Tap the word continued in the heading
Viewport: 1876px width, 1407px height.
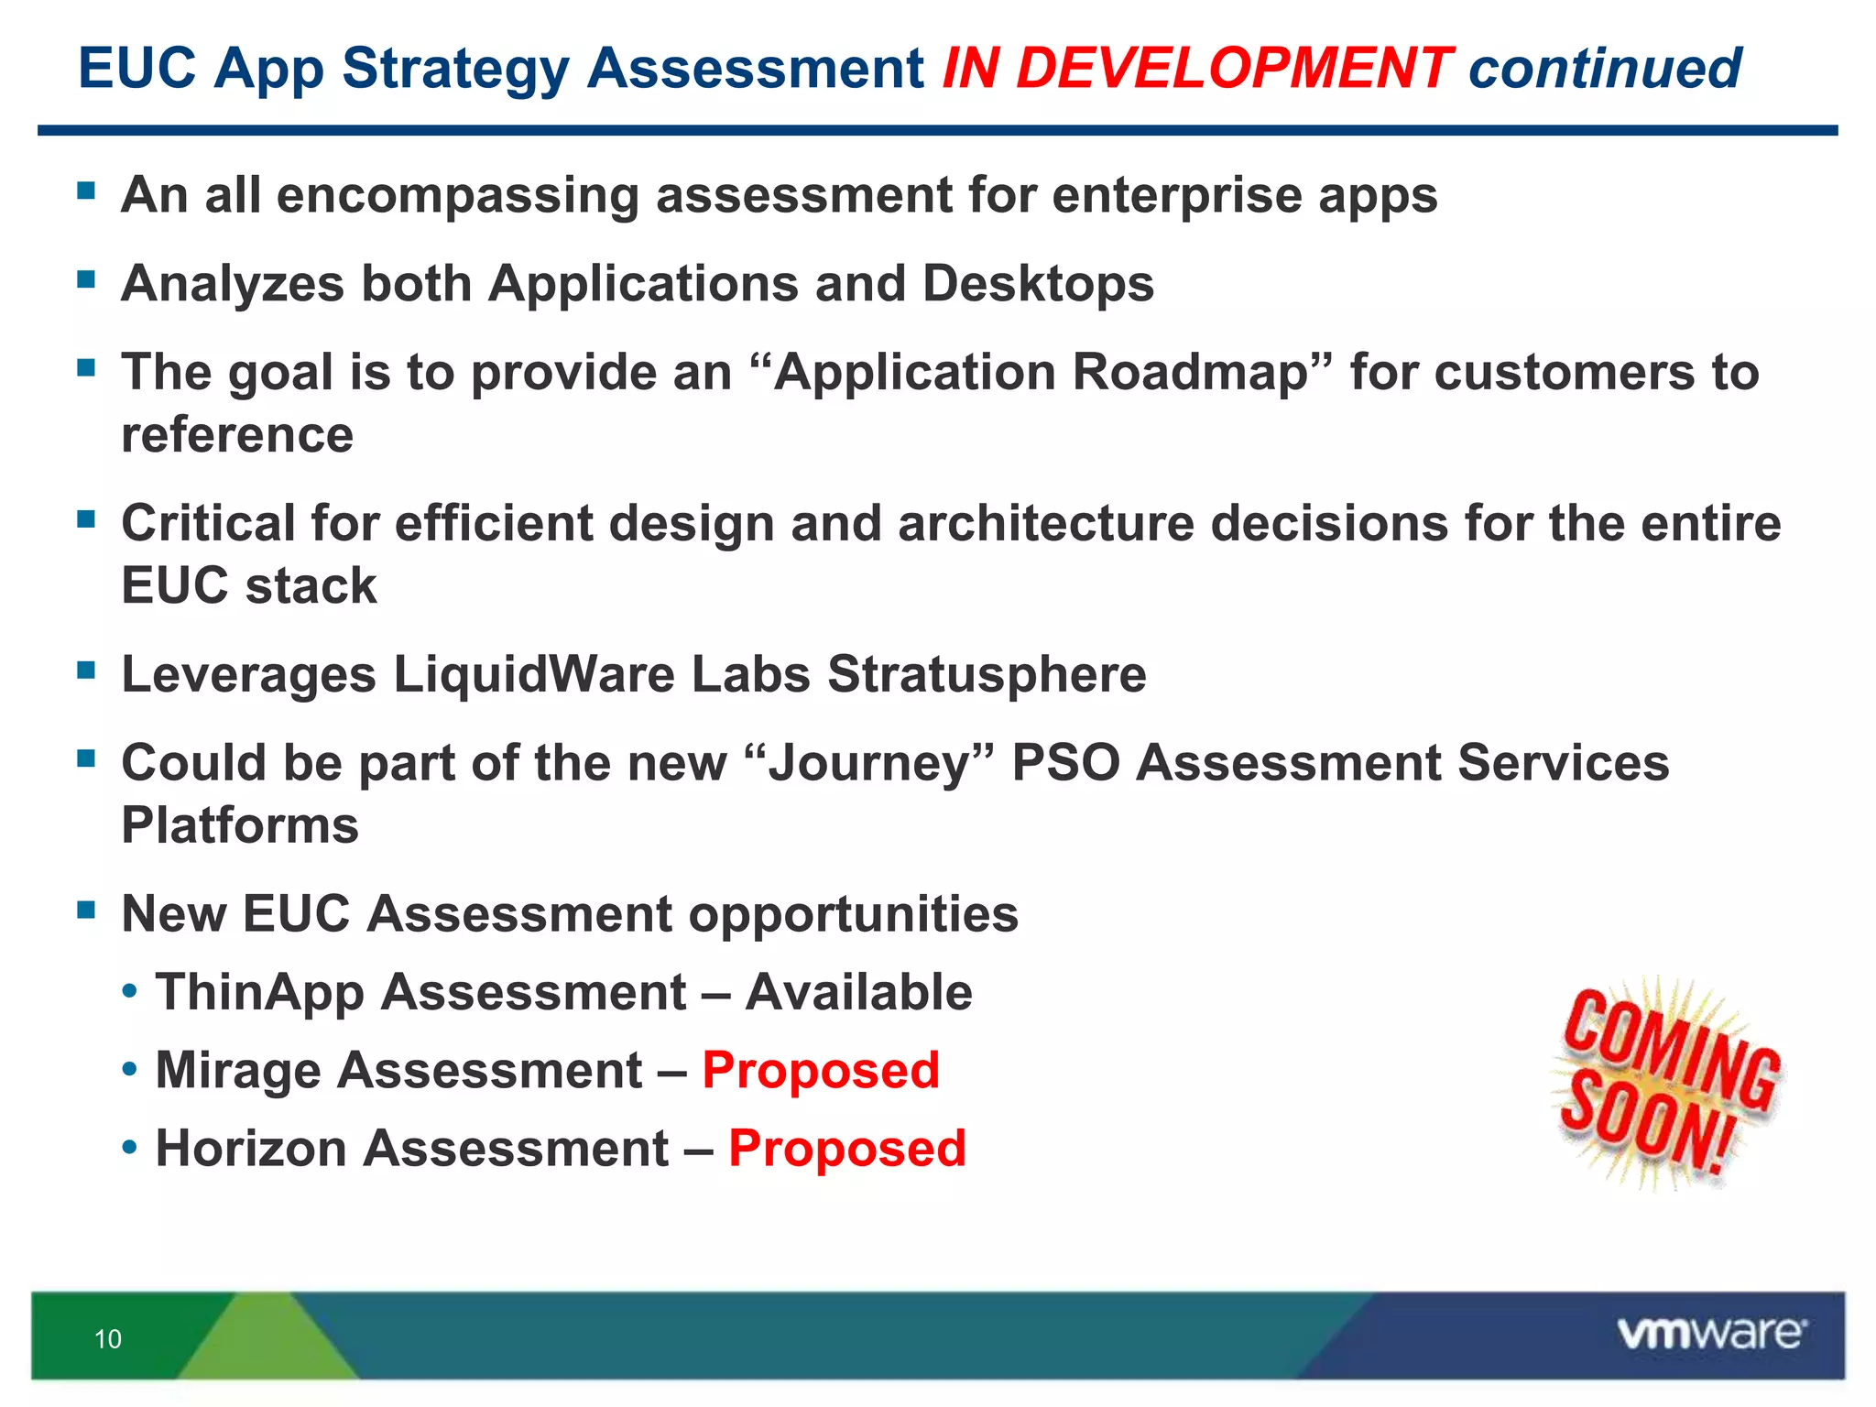tap(1604, 69)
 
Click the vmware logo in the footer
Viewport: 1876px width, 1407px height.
tap(1711, 1334)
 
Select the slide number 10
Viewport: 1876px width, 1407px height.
tap(108, 1339)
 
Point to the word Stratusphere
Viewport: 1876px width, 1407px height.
tap(987, 675)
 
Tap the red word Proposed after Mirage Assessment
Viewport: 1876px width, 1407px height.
tap(821, 1070)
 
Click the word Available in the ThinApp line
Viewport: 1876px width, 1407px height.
tap(858, 992)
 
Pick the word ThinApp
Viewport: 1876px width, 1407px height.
tap(259, 994)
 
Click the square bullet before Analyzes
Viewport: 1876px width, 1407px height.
tap(87, 278)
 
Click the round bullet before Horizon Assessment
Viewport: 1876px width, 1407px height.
tap(131, 1149)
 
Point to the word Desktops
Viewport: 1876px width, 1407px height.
tap(1038, 284)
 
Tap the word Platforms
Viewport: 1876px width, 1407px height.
tap(240, 825)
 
